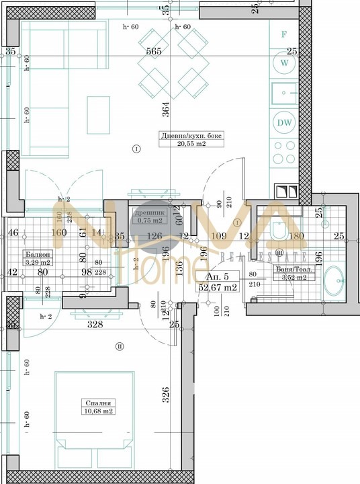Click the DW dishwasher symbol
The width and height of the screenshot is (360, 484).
(x=283, y=122)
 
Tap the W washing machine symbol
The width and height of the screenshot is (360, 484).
(x=285, y=63)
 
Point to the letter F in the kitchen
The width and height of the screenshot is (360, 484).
(x=284, y=33)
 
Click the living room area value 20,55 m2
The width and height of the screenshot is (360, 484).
(x=191, y=143)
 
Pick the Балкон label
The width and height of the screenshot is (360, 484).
(x=37, y=255)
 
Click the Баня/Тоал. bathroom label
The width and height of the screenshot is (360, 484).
(x=291, y=269)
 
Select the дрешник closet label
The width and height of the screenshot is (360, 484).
(x=150, y=212)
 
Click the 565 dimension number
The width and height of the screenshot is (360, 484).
(x=155, y=51)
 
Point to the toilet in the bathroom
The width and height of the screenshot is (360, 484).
(x=277, y=231)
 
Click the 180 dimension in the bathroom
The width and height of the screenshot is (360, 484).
(x=297, y=235)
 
